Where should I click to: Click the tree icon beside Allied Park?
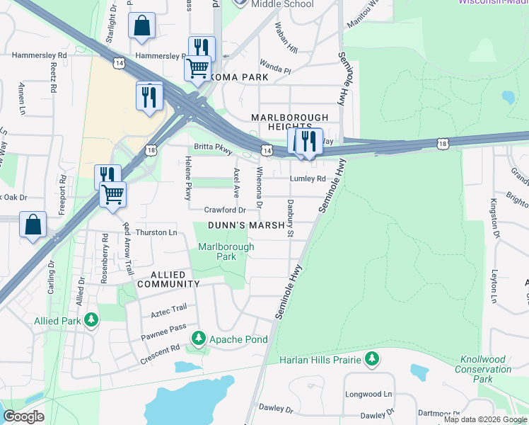(x=91, y=321)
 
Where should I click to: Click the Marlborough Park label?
(x=217, y=251)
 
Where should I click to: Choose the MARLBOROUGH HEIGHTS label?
(x=290, y=122)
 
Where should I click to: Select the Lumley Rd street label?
(x=307, y=179)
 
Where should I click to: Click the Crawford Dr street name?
(x=225, y=210)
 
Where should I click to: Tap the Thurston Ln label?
(x=156, y=232)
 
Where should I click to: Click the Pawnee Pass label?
(x=163, y=328)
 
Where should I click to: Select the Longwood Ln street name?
(x=368, y=394)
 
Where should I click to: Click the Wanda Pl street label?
(x=275, y=70)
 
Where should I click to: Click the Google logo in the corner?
(x=23, y=416)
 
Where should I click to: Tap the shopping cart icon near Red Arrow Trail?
(x=112, y=193)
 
